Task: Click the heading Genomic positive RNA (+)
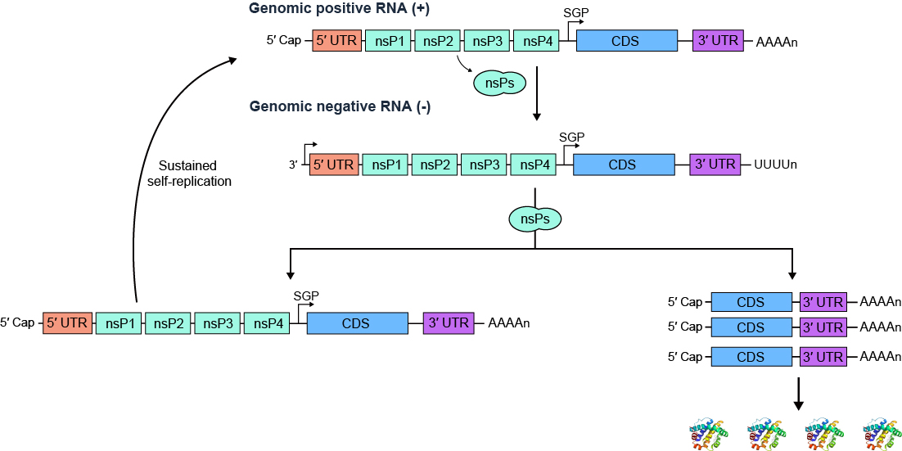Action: [x=328, y=9]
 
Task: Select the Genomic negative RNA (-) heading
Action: [x=340, y=107]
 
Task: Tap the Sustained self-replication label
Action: [x=190, y=174]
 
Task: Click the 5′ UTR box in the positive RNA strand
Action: [x=337, y=41]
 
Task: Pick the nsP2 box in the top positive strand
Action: [x=439, y=41]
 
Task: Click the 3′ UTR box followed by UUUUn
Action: [x=715, y=165]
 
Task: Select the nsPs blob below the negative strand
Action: [x=534, y=219]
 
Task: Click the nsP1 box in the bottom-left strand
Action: [x=120, y=323]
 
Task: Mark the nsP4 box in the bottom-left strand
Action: [x=268, y=323]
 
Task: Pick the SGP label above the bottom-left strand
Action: [x=306, y=295]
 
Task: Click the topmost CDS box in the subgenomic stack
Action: [x=751, y=302]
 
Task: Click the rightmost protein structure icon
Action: [x=882, y=435]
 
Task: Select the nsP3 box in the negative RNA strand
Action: [x=485, y=165]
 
